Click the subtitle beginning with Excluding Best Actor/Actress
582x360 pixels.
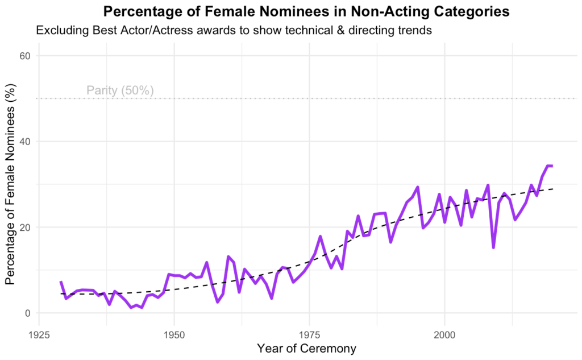point(234,31)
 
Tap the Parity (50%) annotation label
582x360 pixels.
point(120,90)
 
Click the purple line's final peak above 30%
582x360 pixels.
point(548,165)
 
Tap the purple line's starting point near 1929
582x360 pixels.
point(61,282)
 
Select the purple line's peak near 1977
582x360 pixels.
point(320,237)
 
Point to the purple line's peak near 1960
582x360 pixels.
point(228,257)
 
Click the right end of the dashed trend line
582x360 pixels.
point(552,189)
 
